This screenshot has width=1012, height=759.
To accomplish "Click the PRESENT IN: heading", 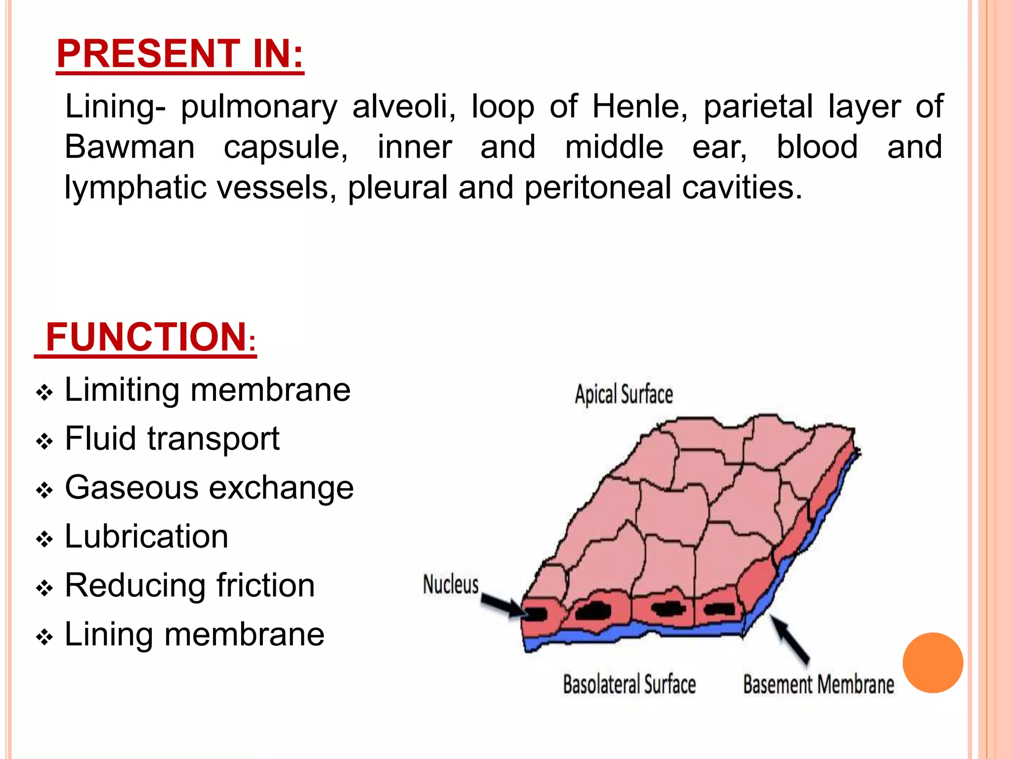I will (x=180, y=54).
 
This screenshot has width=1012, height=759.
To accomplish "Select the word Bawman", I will (x=130, y=147).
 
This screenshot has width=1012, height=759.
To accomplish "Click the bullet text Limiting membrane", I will (x=208, y=390).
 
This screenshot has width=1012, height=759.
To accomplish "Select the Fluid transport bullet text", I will (x=172, y=439).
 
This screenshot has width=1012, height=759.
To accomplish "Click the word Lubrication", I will (x=146, y=537).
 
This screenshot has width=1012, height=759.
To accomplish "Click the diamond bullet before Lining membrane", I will (x=44, y=637).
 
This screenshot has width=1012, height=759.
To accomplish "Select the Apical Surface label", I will (x=624, y=394).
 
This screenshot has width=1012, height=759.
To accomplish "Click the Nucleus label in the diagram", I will (x=451, y=585).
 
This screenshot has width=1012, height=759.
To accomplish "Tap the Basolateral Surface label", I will (x=629, y=685).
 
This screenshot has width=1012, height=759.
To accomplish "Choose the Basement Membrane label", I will (x=818, y=685).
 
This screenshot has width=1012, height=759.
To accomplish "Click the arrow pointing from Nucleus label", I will (x=504, y=605).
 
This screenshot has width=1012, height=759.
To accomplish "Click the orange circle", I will (x=932, y=663).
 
